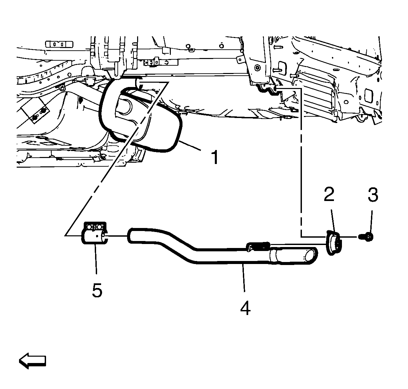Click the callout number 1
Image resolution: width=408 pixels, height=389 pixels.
(215, 157)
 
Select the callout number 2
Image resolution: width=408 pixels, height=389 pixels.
(329, 194)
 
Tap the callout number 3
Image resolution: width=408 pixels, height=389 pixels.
(373, 195)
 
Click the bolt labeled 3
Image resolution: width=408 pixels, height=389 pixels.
(366, 237)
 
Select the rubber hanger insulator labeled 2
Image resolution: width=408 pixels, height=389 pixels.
(334, 243)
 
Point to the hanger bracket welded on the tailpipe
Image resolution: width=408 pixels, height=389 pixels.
(258, 247)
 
